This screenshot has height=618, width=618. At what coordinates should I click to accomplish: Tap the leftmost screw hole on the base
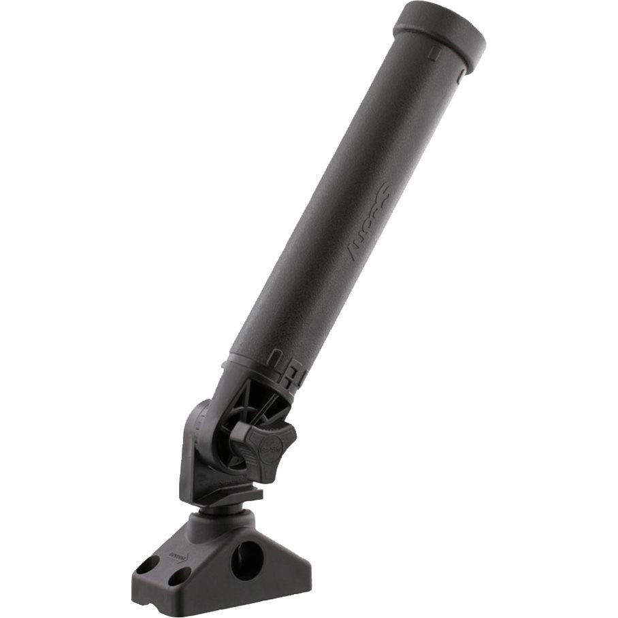pyautogui.click(x=146, y=566)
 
